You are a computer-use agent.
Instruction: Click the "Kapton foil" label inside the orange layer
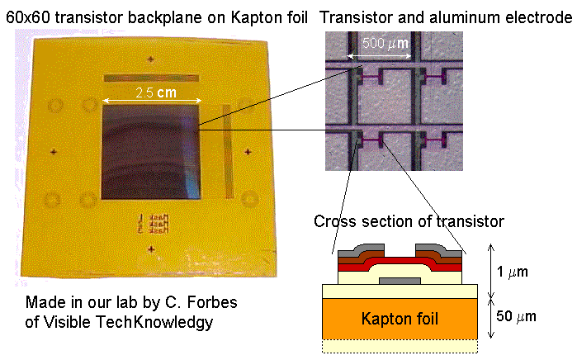tap(400, 317)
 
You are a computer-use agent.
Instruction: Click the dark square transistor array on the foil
tap(151, 151)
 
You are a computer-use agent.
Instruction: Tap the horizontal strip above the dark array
tap(151, 78)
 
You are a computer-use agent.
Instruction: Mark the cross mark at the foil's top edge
tap(150, 58)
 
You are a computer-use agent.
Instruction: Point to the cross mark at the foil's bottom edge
tap(150, 249)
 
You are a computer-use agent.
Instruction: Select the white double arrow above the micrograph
tap(379, 56)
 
